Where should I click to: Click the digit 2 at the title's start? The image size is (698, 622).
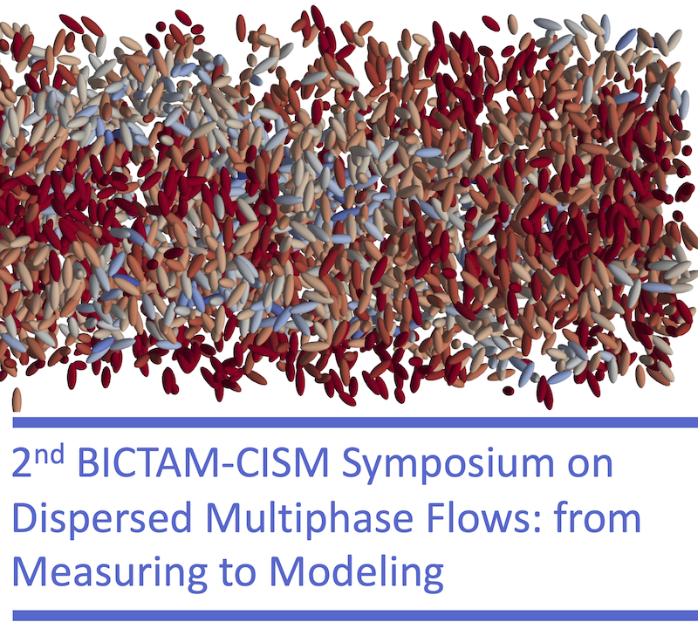22,463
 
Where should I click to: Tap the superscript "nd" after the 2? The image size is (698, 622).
49,455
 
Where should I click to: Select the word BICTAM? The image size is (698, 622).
150,463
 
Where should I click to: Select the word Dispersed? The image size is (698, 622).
102,518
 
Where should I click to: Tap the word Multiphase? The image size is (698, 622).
310,518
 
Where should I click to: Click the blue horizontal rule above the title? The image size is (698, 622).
355,422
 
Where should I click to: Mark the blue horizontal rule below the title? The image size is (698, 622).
355,615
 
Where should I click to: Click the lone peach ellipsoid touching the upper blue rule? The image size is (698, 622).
17,400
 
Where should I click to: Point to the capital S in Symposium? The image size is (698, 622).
352,463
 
